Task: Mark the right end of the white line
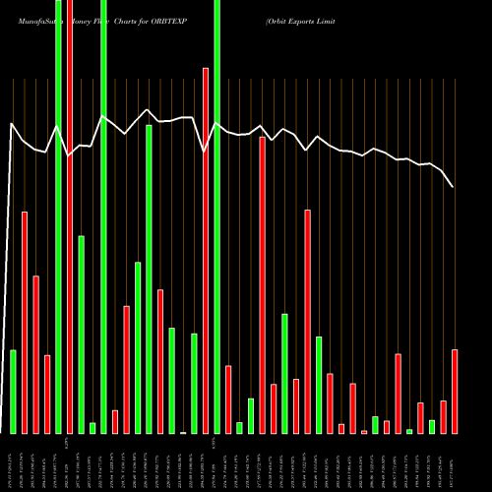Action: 453,186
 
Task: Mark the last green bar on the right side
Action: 432,426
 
